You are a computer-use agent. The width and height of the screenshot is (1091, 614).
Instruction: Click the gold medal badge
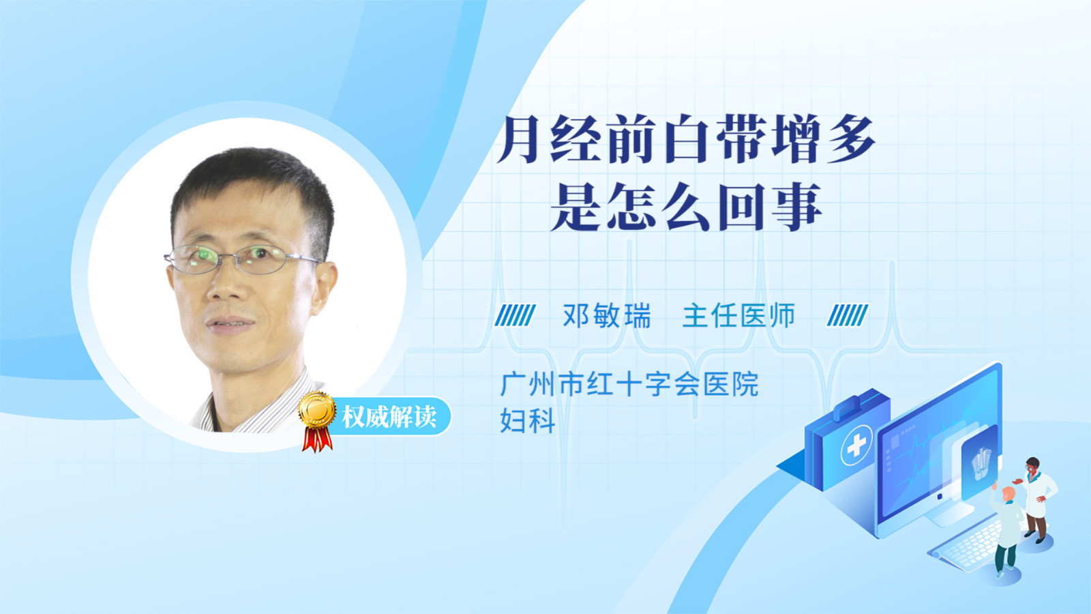[317, 410]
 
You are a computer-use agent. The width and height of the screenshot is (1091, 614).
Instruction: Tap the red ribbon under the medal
[317, 439]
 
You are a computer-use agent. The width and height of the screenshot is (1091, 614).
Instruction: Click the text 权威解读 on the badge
[389, 417]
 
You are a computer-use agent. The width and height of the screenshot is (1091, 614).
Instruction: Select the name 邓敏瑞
[606, 315]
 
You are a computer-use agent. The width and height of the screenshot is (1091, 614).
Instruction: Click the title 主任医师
[738, 315]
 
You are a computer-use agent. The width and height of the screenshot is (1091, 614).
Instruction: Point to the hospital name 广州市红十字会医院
[629, 385]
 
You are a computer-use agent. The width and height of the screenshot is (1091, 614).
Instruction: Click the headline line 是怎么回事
[686, 207]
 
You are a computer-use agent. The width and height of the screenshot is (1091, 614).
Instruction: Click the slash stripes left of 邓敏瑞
[515, 315]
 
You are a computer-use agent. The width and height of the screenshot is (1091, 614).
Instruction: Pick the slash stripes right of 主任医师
[848, 315]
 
